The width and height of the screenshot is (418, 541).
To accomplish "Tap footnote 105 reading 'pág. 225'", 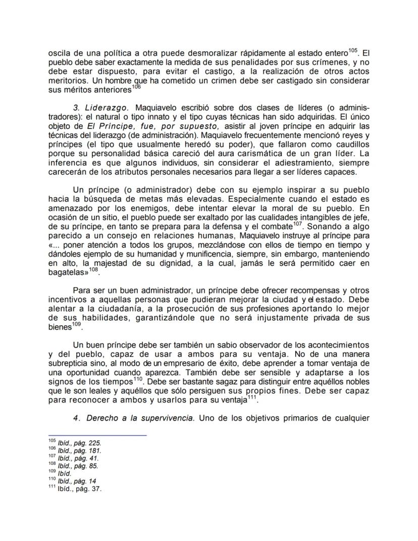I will [79, 442].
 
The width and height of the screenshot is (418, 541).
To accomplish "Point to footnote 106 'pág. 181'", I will [79, 450].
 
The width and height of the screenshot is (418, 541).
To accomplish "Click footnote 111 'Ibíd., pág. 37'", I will [79, 488].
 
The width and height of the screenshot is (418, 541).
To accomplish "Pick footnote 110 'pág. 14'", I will [76, 481].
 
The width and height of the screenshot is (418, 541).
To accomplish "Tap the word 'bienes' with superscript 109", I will [60, 327].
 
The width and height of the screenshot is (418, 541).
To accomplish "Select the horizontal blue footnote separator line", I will [97, 435].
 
